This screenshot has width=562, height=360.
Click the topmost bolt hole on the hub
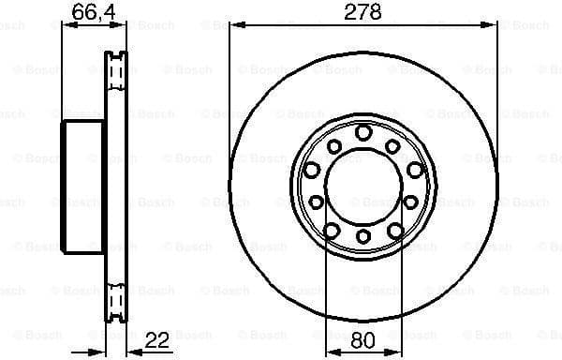coord(362,133)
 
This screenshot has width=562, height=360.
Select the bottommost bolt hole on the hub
coord(362,238)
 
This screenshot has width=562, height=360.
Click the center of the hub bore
coord(362,186)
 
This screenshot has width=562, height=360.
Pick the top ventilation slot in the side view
coord(117,70)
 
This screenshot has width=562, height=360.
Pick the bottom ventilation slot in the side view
coord(117,297)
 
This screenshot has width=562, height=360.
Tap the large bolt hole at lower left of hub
coord(331,230)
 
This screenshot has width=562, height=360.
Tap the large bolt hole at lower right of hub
coord(394,230)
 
